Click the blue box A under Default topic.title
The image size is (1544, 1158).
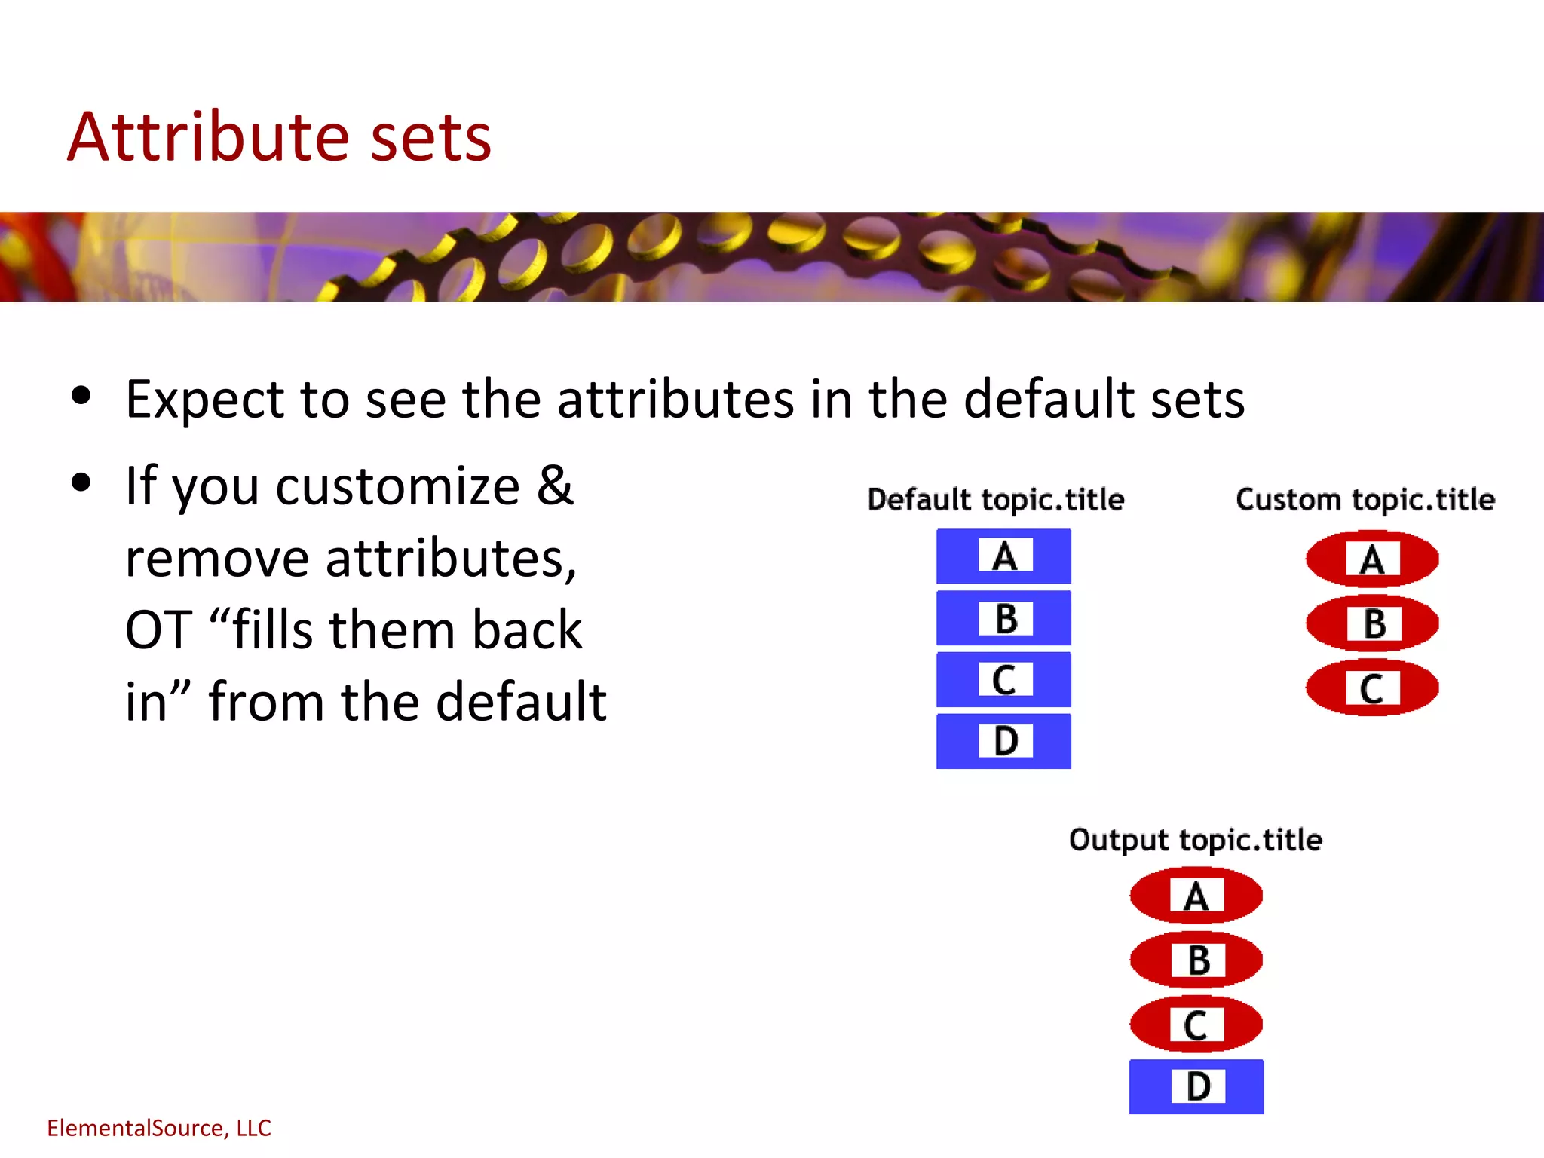point(1003,556)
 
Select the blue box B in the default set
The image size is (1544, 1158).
point(1003,618)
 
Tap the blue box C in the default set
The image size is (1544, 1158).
point(1003,680)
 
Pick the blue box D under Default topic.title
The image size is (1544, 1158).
point(1003,741)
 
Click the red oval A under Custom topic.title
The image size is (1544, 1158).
point(1372,559)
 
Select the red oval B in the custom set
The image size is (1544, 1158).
point(1372,623)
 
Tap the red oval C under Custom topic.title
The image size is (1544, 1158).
point(1372,688)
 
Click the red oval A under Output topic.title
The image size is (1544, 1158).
point(1196,896)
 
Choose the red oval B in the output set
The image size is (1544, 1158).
point(1196,960)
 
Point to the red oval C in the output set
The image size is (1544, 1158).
point(1196,1025)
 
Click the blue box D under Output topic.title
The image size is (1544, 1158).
point(1196,1086)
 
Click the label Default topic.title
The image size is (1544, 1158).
point(995,500)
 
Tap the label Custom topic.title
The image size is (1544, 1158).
point(1365,500)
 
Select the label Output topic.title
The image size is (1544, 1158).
point(1195,840)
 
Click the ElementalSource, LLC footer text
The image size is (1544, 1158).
point(158,1128)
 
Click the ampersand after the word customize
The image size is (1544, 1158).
point(555,486)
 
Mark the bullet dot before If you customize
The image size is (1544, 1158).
point(81,482)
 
